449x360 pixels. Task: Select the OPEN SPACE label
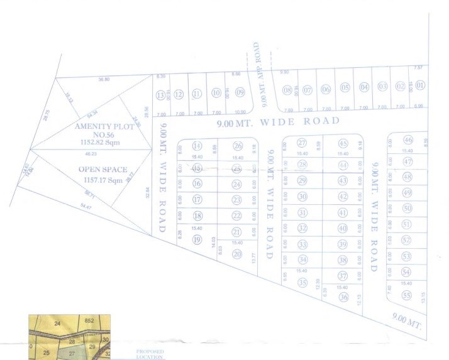pyautogui.click(x=103, y=169)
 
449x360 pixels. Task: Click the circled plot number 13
pyautogui.click(x=161, y=95)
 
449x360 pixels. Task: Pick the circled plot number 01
pyautogui.click(x=420, y=85)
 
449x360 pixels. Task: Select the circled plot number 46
pyautogui.click(x=407, y=140)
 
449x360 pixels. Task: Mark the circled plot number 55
pyautogui.click(x=407, y=295)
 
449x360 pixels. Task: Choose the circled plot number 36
pyautogui.click(x=343, y=297)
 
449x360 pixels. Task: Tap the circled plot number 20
pyautogui.click(x=236, y=254)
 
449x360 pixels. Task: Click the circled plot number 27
pyautogui.click(x=302, y=143)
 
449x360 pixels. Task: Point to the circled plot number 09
pyautogui.click(x=240, y=92)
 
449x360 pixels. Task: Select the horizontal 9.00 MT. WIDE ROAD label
pyautogui.click(x=278, y=121)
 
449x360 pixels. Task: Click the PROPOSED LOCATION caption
pyautogui.click(x=150, y=354)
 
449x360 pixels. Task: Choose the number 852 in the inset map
pyautogui.click(x=89, y=320)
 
